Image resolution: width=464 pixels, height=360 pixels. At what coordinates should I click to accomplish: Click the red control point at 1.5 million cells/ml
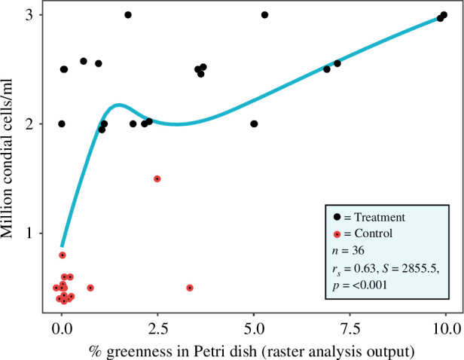[157, 178]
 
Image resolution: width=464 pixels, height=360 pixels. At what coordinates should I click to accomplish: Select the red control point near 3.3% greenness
[190, 288]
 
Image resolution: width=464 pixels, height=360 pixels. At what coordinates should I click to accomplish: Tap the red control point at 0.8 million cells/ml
[63, 255]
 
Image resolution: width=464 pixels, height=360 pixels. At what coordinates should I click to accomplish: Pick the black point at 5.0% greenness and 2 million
[254, 124]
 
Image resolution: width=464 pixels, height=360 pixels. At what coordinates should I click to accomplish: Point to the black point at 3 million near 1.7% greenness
[128, 15]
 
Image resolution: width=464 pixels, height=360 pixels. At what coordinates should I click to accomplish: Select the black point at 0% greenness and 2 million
[62, 124]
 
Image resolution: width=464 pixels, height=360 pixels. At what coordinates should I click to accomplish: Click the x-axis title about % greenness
[253, 349]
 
